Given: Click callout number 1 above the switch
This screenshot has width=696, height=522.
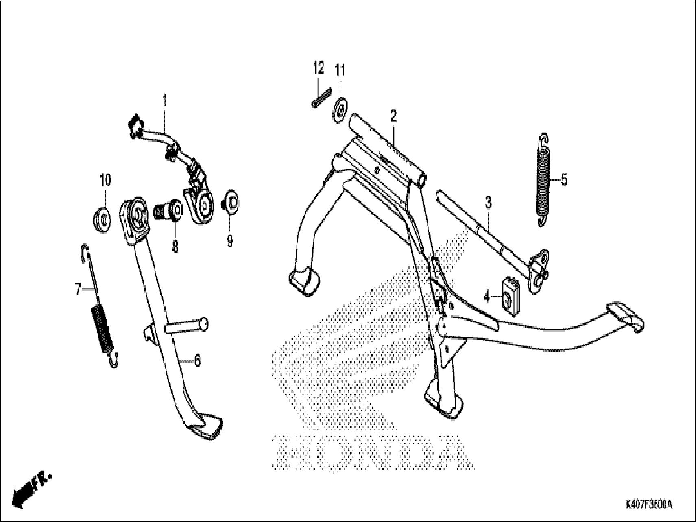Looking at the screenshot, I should point(165,100).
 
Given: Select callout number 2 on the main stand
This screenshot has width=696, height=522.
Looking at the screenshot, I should point(393,117).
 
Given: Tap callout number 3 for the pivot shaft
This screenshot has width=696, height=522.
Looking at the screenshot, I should point(488,202).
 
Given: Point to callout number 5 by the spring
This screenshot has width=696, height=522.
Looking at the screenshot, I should point(564,179).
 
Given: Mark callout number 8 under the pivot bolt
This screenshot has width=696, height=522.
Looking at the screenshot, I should point(175,246).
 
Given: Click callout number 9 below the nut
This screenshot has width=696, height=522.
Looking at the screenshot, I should point(230,241).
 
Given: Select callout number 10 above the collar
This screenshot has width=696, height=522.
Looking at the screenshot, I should point(105,181).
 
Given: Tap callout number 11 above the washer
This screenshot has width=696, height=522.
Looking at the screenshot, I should point(340,72).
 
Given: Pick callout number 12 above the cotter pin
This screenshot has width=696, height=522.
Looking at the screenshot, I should point(319,68).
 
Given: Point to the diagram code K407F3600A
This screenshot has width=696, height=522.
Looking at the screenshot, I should point(648,505).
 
